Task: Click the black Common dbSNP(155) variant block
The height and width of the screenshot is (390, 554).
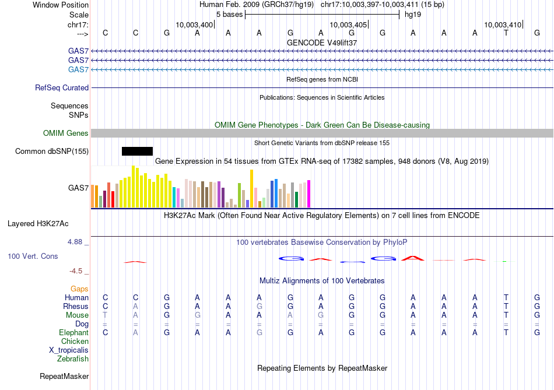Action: (137, 152)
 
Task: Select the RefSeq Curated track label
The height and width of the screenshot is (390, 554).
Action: (62, 88)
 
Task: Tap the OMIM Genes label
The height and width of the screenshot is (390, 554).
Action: (65, 133)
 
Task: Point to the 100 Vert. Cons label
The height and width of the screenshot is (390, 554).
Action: (33, 256)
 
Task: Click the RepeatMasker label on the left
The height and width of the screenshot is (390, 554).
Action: (64, 377)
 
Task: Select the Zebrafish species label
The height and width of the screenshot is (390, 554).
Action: (73, 359)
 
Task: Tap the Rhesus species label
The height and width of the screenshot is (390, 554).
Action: (76, 307)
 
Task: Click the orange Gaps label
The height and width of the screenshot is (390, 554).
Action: (79, 289)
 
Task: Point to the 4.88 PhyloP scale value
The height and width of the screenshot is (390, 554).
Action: (76, 242)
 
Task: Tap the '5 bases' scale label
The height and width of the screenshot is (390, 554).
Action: (229, 14)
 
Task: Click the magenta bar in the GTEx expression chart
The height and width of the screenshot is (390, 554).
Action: (308, 194)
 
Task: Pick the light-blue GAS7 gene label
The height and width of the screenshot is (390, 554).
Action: (78, 70)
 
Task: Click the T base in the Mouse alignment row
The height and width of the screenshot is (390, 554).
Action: (105, 315)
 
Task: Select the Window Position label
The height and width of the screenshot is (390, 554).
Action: (61, 5)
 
